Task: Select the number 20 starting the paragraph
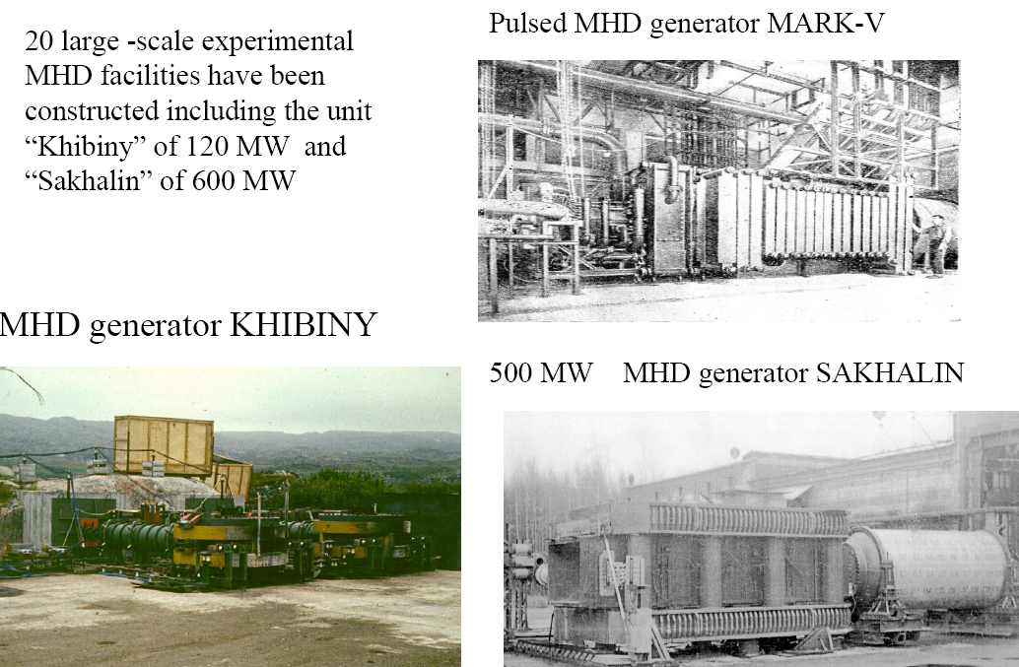38,43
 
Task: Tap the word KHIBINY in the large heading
304,325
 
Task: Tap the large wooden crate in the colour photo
164,444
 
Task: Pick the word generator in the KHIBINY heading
149,325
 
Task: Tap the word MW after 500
575,373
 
